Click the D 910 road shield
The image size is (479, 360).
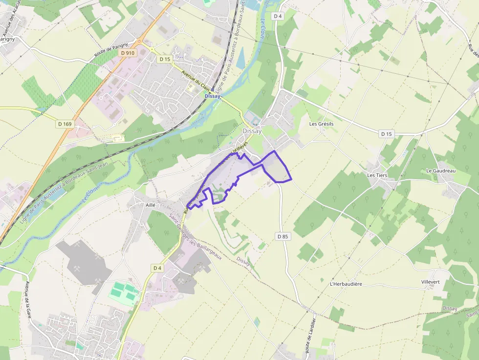(x=128, y=53)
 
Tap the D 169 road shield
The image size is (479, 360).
(x=64, y=124)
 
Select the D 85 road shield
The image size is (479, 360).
(x=283, y=236)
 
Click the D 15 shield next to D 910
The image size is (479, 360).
(x=165, y=59)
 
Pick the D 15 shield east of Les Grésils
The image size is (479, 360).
(x=387, y=134)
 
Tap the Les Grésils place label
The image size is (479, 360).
(x=322, y=124)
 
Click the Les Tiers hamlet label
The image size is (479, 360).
(x=377, y=175)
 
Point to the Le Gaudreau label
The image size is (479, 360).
(x=441, y=170)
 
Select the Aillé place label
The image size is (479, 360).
(x=150, y=206)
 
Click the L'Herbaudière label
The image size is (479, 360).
(x=346, y=284)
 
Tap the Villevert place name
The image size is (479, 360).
(x=431, y=282)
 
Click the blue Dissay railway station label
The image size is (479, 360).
(x=213, y=96)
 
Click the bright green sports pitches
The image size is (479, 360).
(x=124, y=291)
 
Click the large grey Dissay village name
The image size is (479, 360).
(x=252, y=131)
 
